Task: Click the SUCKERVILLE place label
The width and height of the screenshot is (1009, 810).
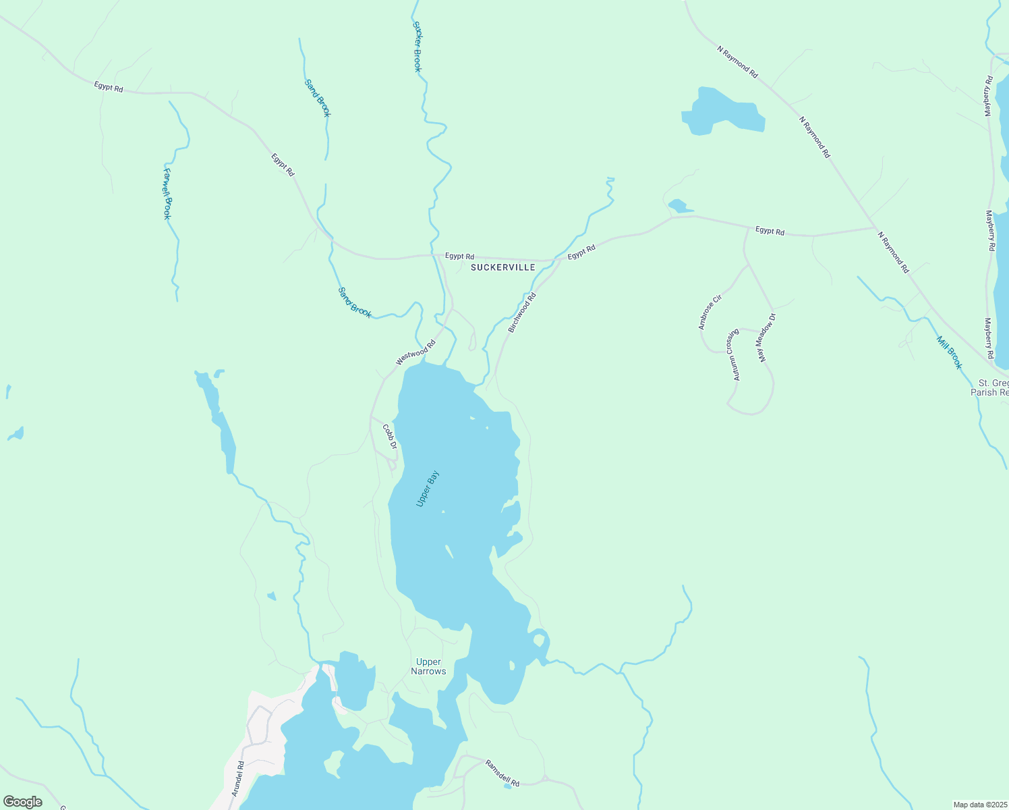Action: [x=502, y=267]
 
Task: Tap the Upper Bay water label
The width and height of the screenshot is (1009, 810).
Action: [x=428, y=489]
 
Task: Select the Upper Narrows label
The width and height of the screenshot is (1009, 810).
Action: [x=428, y=666]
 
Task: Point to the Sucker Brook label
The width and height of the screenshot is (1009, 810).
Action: [x=417, y=47]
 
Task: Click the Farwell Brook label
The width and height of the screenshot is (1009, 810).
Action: [x=167, y=194]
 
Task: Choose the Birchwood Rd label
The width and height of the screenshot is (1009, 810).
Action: [x=522, y=311]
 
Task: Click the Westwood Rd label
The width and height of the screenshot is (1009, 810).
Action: [x=415, y=353]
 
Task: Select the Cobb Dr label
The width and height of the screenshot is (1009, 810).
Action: [x=390, y=436]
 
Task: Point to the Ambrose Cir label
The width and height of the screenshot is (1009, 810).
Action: [x=710, y=312]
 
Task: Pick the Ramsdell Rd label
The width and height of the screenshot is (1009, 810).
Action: [x=502, y=774]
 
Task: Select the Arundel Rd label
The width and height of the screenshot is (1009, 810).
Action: [x=238, y=779]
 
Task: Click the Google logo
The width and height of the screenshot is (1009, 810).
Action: [x=22, y=802]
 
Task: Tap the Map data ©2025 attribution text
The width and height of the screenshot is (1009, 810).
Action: [x=980, y=805]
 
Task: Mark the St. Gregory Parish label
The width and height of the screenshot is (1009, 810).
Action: [x=990, y=387]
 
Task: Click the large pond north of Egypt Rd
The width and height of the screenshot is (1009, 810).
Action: [x=722, y=111]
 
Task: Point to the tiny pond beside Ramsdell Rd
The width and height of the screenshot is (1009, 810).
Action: [x=508, y=786]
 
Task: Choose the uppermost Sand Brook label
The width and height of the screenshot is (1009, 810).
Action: [x=318, y=98]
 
